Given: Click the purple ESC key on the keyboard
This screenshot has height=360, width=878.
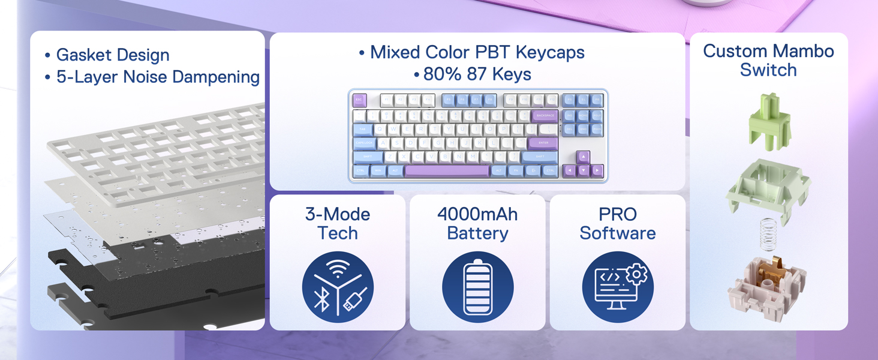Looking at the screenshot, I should [x=360, y=100].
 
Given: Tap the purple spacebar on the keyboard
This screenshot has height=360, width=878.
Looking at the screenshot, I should [x=447, y=171].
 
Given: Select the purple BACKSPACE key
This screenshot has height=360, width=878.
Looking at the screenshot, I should [x=545, y=115].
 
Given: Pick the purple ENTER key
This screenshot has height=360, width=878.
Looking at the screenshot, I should [x=543, y=143].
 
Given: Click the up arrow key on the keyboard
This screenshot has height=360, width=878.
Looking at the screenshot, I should [x=583, y=157].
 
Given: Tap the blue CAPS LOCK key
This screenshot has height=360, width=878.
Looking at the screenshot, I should [x=365, y=143].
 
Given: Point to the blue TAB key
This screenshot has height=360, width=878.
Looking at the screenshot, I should [x=362, y=129].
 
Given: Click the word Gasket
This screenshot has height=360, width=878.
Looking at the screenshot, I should [x=83, y=55].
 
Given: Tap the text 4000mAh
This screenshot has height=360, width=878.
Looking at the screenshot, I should [x=477, y=214].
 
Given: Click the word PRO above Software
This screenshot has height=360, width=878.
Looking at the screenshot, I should [x=617, y=214].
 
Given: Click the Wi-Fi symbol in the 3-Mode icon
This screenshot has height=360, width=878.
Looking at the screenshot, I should [x=338, y=270].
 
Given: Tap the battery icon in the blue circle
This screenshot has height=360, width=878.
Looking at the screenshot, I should [x=477, y=287].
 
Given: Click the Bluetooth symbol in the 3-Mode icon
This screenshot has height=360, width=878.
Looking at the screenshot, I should [x=322, y=298].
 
